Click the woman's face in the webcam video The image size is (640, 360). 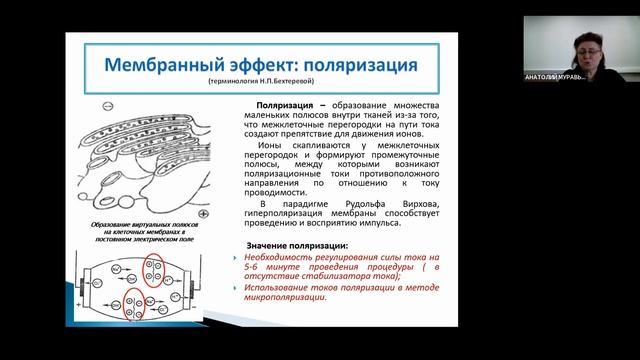coord(583,47)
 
